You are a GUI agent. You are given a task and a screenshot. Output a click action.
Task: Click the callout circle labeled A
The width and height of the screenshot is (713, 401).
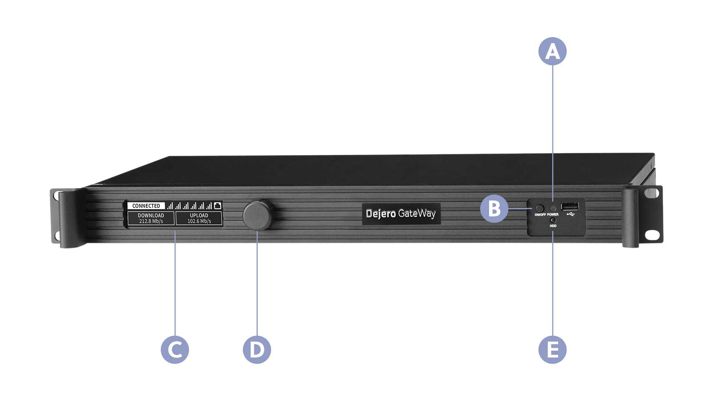[553, 51]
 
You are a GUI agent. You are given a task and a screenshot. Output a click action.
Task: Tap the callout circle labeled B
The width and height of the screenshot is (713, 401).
[494, 209]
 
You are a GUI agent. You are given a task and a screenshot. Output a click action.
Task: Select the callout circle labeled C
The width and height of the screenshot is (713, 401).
[175, 349]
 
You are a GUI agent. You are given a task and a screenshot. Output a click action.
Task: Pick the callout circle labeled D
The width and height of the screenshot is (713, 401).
[257, 349]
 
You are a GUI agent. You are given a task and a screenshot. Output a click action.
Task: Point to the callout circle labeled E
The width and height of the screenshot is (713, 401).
[553, 349]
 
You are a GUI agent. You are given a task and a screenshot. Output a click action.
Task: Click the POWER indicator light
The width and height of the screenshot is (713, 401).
[553, 208]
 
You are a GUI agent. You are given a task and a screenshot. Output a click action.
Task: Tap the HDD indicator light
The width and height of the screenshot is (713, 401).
[553, 221]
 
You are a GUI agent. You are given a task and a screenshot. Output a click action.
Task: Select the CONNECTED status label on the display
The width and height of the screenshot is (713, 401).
[146, 206]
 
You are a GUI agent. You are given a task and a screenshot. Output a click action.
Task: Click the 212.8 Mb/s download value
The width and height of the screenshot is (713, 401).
[151, 221]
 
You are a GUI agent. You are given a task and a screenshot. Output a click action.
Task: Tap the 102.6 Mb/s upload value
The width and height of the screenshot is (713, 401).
[199, 221]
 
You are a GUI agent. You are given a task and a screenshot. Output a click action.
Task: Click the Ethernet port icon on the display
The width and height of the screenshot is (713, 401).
[218, 205]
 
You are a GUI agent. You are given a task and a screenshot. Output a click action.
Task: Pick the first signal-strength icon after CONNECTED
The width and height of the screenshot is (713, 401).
[170, 206]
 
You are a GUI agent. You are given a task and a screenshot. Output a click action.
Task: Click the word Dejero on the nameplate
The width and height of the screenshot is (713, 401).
[380, 214]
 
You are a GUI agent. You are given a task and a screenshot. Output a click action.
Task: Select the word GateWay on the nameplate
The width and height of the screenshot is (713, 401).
[417, 214]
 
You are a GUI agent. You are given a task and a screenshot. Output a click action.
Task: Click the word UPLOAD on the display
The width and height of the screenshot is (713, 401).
[199, 215]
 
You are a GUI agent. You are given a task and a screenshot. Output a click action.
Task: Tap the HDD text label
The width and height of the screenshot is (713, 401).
[553, 226]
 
